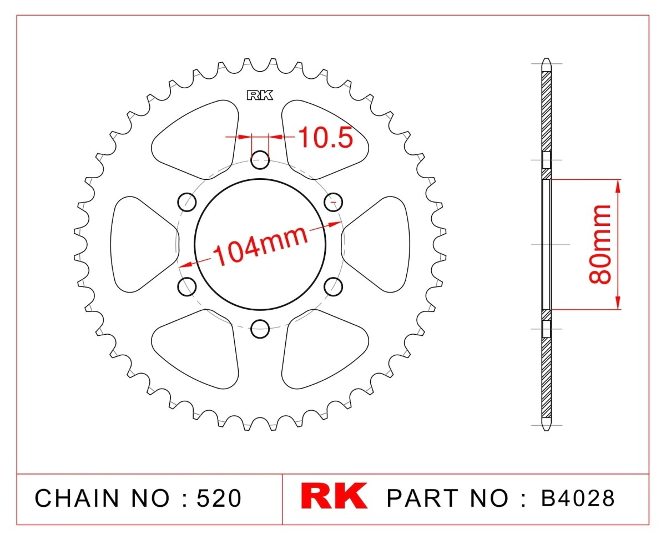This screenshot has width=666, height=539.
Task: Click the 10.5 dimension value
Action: click(325, 138)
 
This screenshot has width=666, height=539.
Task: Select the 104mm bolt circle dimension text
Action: click(260, 246)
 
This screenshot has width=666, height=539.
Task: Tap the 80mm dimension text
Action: click(600, 244)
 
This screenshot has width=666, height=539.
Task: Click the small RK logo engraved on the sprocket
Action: click(260, 95)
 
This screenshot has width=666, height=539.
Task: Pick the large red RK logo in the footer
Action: click(334, 496)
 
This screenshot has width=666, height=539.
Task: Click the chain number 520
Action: click(219, 498)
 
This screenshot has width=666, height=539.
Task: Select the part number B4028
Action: click(578, 498)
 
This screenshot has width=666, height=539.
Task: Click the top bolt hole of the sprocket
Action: click(260, 160)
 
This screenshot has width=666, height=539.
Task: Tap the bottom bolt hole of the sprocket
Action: click(260, 329)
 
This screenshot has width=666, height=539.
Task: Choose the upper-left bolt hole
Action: click(187, 202)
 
